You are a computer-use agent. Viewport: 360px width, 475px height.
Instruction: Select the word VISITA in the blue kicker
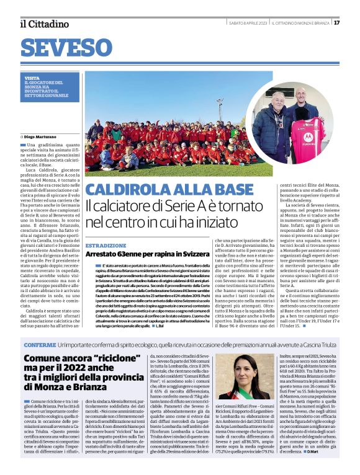click(x=32, y=78)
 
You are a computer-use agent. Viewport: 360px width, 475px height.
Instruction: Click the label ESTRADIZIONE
click(x=106, y=246)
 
